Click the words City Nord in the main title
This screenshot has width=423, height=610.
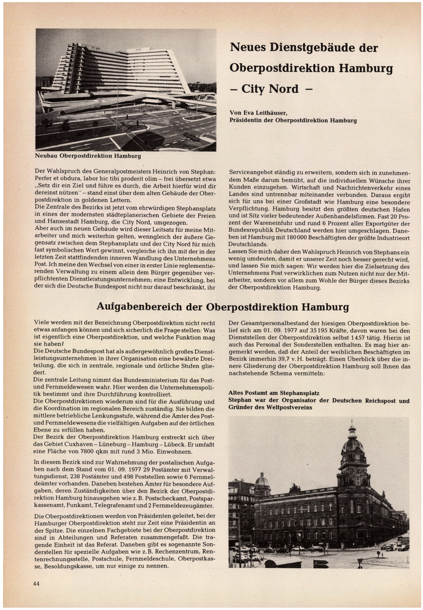point(270,89)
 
